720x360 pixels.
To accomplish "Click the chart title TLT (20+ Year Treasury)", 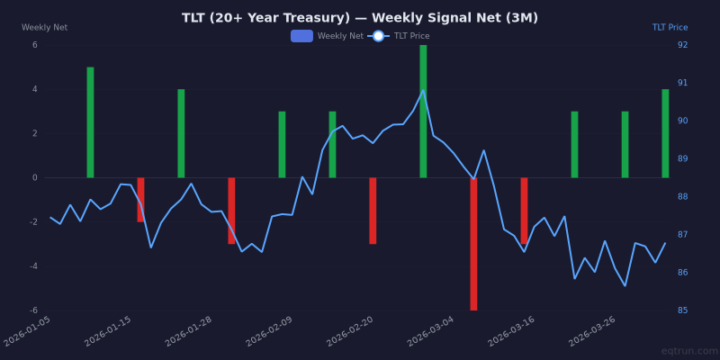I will tap(360, 18).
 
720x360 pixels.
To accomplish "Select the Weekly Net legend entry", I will tap(328, 36).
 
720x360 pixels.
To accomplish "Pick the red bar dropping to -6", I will tap(473, 243).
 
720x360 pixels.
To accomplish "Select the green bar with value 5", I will tap(90, 122).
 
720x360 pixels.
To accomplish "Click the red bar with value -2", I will tap(140, 200).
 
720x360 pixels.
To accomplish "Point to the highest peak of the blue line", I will tap(423, 90).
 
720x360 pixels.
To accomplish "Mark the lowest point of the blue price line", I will tap(625, 286).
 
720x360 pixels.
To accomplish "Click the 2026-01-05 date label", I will tap(29, 330).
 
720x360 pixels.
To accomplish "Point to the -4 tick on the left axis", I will tap(34, 266).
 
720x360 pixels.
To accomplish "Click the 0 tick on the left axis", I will tap(35, 177).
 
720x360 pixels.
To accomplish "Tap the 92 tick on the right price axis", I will tap(682, 45).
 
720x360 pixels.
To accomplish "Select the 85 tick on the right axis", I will tap(682, 310).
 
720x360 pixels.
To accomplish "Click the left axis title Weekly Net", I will tap(44, 28).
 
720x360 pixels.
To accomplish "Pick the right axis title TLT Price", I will tap(670, 28).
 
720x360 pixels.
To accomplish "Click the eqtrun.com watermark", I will tap(689, 351).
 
